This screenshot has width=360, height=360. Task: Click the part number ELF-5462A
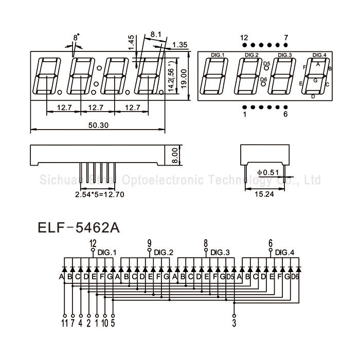(x=79, y=227)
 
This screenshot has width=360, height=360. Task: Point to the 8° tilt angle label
(x=76, y=38)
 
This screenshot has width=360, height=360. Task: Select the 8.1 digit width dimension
(x=156, y=35)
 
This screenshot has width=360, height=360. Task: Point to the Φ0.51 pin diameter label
(x=267, y=172)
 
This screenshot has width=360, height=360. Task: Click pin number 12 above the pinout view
(x=244, y=38)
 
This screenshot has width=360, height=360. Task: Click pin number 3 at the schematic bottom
(x=235, y=323)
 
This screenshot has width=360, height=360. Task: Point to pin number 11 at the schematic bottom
(x=64, y=323)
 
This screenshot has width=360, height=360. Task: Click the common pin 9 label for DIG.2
(x=149, y=243)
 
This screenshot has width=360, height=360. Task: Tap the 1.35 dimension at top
(x=180, y=45)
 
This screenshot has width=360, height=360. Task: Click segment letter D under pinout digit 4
(x=313, y=96)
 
